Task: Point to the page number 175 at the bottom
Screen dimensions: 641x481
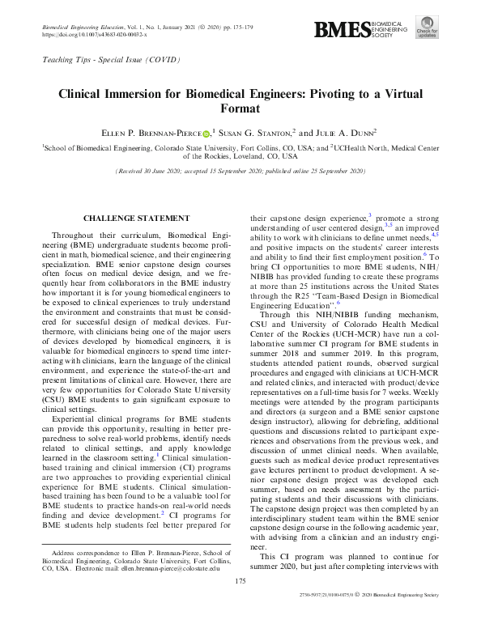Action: pyautogui.click(x=240, y=602)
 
